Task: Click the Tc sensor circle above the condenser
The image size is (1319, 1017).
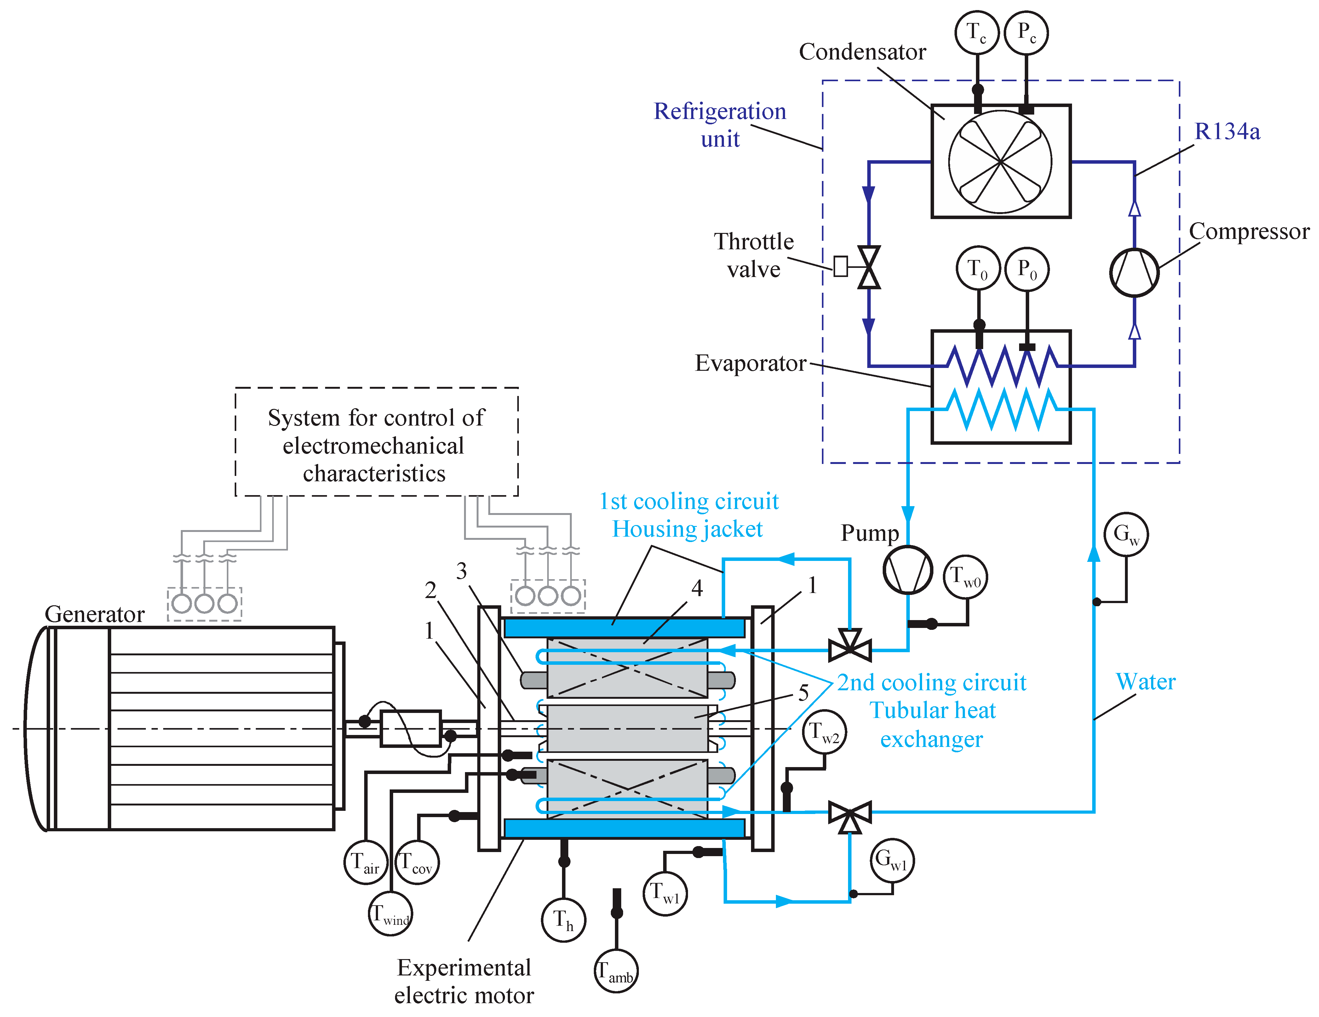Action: [977, 33]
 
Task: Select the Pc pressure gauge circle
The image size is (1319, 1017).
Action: [1026, 33]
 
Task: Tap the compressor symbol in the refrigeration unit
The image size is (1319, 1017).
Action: [1134, 272]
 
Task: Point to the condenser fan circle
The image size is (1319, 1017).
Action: [1000, 162]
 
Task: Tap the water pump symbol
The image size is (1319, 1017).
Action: [908, 570]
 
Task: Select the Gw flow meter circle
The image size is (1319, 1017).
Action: [1126, 534]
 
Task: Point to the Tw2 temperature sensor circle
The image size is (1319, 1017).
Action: [824, 733]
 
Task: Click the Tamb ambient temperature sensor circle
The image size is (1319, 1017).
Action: [616, 970]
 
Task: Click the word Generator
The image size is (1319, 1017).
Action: [95, 614]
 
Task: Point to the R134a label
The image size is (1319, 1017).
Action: [1227, 131]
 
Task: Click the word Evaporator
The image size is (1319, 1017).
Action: [750, 363]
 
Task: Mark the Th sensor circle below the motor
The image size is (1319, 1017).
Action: [564, 920]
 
